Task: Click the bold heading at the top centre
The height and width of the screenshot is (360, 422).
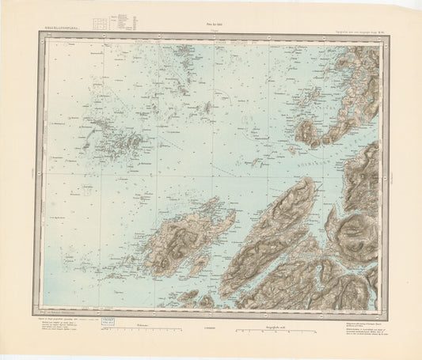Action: click(x=211, y=18)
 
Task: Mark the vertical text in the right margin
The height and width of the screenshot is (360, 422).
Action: click(x=390, y=169)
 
